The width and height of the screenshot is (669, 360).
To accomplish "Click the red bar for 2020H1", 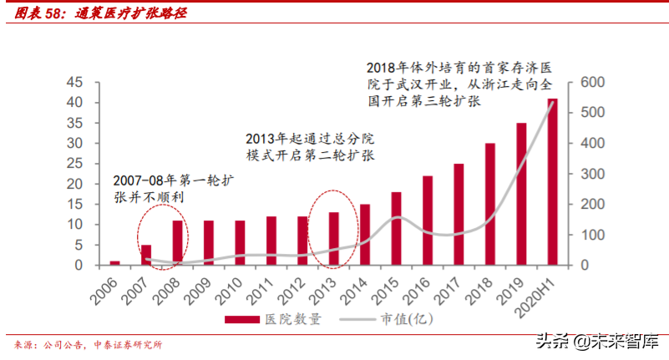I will click(552, 182).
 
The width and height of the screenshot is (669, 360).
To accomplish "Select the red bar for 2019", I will click(521, 194).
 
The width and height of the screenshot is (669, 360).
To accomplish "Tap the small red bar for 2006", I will click(114, 263).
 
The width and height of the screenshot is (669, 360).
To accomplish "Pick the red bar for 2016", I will click(428, 221).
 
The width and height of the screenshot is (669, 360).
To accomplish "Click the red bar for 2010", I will click(240, 243).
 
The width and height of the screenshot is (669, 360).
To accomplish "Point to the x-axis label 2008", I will click(169, 288).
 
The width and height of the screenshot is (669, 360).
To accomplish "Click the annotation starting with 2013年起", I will click(311, 147).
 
